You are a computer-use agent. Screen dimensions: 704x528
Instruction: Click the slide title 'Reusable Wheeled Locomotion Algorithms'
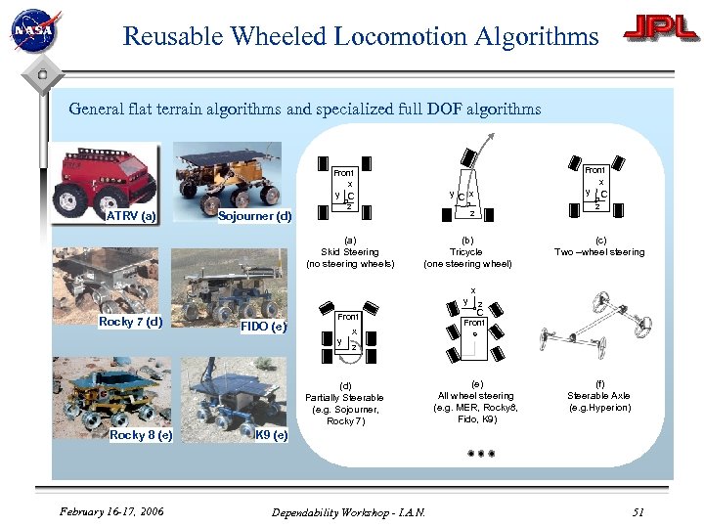point(360,37)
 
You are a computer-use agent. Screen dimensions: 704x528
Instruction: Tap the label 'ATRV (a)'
point(131,216)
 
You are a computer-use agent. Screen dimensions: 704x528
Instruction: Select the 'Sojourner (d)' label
point(254,216)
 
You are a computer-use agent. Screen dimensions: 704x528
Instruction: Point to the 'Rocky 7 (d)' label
point(130,321)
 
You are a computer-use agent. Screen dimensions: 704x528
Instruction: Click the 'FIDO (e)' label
point(263,326)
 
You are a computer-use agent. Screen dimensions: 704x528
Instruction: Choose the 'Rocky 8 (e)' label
point(141,435)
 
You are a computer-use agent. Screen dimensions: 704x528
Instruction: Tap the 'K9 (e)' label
point(271,435)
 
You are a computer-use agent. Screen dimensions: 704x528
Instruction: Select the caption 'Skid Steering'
point(349,252)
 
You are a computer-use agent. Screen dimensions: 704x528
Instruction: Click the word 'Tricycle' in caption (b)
point(466,252)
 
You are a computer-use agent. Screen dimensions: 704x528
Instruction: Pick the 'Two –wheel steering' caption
point(599,252)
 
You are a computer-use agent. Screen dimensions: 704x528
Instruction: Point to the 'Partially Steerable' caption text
point(344,397)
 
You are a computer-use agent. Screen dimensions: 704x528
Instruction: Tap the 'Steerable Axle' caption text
point(599,396)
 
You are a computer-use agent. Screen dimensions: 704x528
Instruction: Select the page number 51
point(638,511)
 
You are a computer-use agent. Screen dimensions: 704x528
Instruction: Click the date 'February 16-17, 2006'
point(110,511)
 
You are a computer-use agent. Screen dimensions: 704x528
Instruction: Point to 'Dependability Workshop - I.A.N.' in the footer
point(348,511)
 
